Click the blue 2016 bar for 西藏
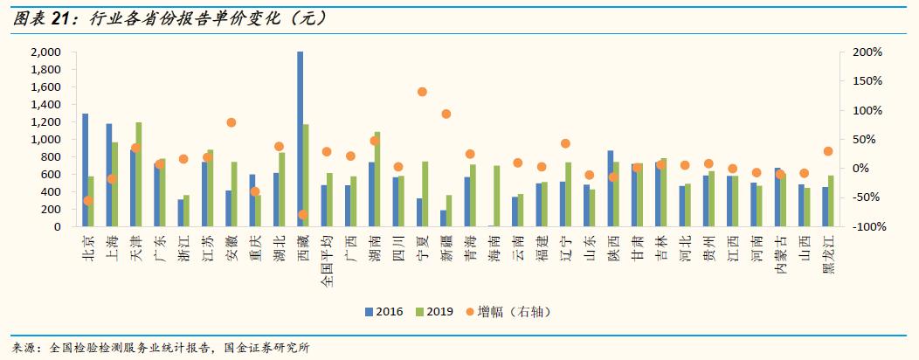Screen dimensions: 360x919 [301, 140]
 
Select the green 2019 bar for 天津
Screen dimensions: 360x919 [139, 175]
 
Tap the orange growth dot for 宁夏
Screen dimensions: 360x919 [422, 92]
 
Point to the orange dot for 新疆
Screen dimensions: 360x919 [446, 114]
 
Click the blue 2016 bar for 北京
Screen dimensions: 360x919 [85, 170]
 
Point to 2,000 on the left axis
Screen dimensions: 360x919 [45, 52]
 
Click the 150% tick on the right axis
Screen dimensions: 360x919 [867, 81]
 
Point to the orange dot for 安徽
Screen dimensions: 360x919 [231, 122]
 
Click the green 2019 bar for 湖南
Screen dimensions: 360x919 [377, 179]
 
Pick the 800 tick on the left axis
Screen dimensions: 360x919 [51, 157]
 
